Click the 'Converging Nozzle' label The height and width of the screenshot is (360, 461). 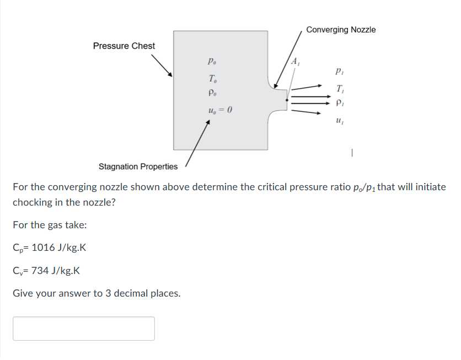coord(341,30)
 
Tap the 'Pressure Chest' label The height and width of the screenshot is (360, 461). coord(124,46)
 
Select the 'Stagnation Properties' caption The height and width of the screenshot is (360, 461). coord(138,166)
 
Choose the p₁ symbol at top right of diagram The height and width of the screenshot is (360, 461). coord(340,71)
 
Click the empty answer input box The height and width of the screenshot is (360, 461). coord(84,329)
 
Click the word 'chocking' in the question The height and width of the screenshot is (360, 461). coord(34,202)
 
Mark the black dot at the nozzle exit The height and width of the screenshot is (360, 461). coord(287,100)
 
